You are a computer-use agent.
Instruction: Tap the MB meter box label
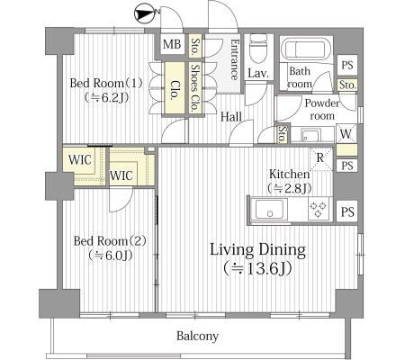click(172, 44)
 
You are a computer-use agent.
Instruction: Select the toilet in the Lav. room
click(258, 48)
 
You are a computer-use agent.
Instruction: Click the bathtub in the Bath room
click(307, 49)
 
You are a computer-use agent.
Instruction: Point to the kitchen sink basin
click(269, 209)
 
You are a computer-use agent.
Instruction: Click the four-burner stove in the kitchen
click(319, 209)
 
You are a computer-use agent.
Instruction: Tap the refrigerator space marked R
click(320, 158)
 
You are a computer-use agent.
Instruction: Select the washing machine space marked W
click(346, 133)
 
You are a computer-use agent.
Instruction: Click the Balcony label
click(197, 336)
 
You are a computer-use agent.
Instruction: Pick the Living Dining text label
click(257, 250)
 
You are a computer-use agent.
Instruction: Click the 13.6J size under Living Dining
click(257, 269)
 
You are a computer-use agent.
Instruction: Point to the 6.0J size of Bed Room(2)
click(110, 256)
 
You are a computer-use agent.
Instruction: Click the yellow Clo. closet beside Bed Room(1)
click(174, 88)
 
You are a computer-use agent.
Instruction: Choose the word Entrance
click(235, 59)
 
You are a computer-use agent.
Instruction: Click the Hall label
click(231, 117)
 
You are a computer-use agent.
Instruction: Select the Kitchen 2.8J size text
click(290, 188)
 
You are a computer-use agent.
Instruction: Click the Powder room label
click(322, 109)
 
